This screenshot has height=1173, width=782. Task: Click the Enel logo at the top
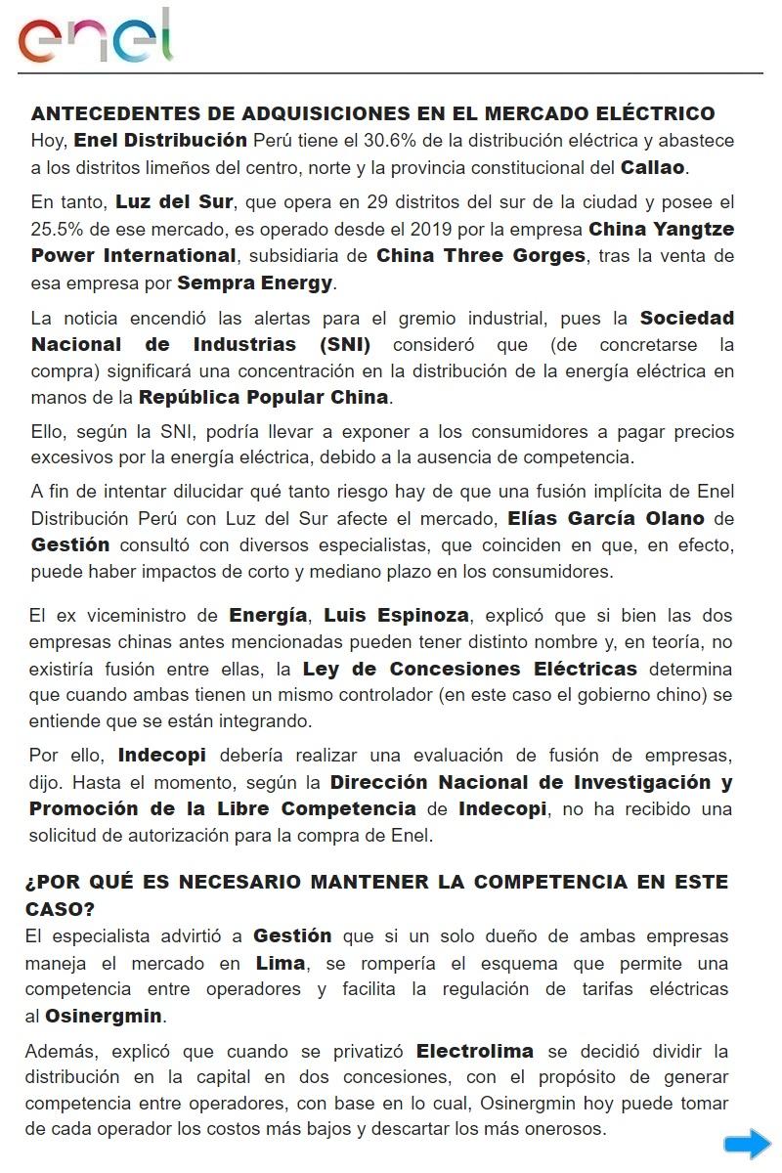point(95,36)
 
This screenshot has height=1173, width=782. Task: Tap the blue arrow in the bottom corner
point(747,1144)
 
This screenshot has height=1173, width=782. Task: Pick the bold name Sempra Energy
point(255,283)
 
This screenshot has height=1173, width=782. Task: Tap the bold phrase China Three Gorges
point(481,256)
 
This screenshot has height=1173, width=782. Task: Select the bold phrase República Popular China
point(264,397)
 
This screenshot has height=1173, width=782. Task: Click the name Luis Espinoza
point(397,615)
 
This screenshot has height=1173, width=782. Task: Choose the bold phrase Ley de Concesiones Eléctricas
point(469,669)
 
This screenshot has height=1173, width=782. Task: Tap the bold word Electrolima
point(475,1051)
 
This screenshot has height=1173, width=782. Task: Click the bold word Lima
point(281,963)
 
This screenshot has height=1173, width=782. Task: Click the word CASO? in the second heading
point(60,909)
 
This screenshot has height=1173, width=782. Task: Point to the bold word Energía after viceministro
point(268,615)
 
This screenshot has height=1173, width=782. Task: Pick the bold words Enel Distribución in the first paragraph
point(160,140)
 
